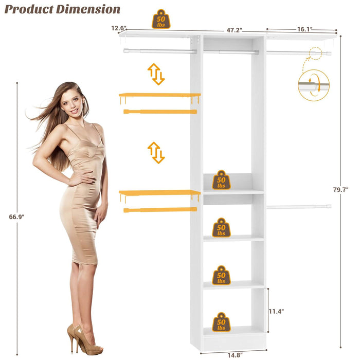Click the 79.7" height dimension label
(x=340, y=190)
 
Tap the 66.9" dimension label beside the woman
(x=16, y=217)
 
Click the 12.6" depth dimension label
(x=118, y=28)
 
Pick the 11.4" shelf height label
(x=276, y=311)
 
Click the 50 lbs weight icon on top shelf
(x=161, y=19)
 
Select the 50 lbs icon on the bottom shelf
(x=221, y=322)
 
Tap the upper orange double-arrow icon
(x=156, y=74)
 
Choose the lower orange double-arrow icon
(x=156, y=153)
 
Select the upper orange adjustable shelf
(x=159, y=95)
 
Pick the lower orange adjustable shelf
(x=159, y=193)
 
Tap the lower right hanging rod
(x=298, y=207)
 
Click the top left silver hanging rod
(x=159, y=51)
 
